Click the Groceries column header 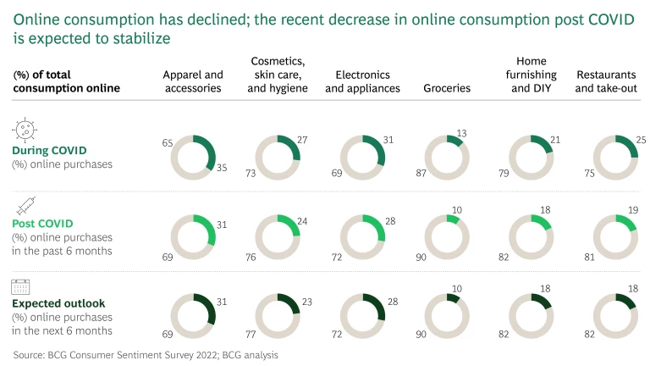(x=447, y=88)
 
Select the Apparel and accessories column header (x=193, y=80)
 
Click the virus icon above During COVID (x=24, y=129)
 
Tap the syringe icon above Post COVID (x=23, y=204)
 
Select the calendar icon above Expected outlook (x=22, y=286)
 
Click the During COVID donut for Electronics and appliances (x=362, y=157)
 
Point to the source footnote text (x=145, y=356)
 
